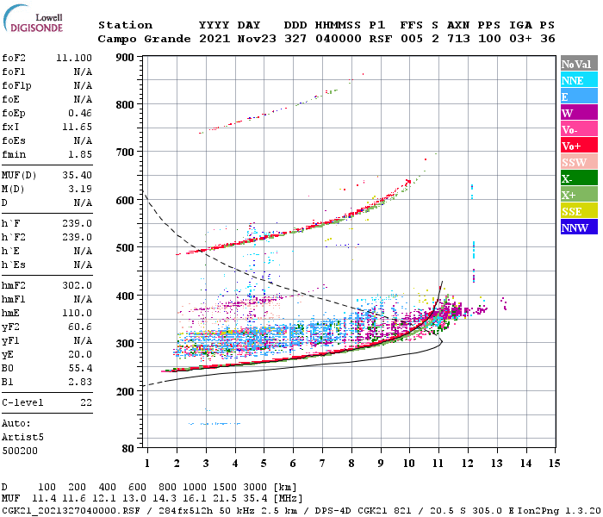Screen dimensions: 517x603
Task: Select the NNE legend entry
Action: [x=578, y=80]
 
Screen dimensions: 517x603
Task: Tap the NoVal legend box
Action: [x=578, y=64]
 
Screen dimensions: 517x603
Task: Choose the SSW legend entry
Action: [x=578, y=162]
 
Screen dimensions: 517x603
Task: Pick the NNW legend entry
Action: [x=578, y=227]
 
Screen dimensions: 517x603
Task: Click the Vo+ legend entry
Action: [x=578, y=146]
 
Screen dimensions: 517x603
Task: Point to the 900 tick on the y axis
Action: [x=126, y=58]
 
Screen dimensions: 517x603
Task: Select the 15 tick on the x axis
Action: [x=554, y=464]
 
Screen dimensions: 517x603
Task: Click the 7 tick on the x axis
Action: [x=322, y=464]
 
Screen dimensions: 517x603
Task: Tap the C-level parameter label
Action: [x=22, y=402]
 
